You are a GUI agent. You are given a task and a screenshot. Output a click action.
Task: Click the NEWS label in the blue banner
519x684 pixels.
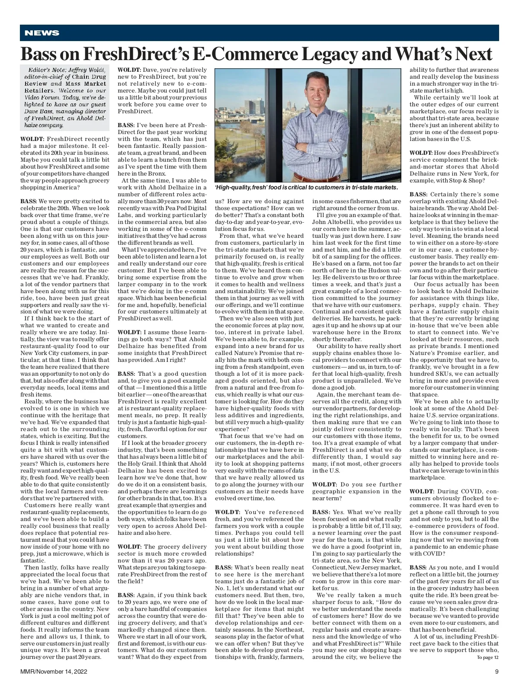tap(42, 33)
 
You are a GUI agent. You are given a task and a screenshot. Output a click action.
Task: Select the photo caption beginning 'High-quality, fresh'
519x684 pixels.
tap(306, 187)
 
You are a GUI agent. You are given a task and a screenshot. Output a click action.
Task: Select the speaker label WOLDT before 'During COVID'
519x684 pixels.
tap(422, 491)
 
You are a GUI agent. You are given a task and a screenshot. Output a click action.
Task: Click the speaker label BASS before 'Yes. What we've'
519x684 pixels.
tap(321, 512)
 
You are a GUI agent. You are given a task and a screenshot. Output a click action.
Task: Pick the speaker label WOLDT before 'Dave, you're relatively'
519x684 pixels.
tap(130, 70)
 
